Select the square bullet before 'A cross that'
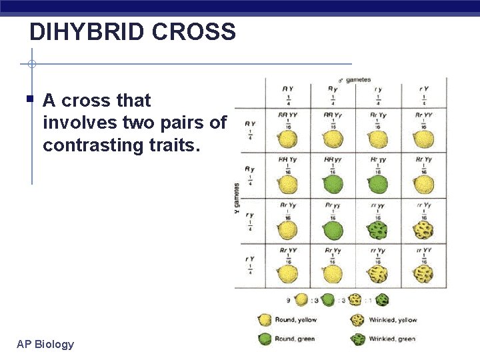[31, 100]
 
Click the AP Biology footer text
[45, 344]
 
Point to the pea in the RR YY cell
[287, 140]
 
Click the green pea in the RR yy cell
[333, 185]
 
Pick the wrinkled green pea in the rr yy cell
[378, 230]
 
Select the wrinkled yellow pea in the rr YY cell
[423, 274]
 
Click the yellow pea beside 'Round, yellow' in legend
[265, 321]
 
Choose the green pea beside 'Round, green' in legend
[265, 339]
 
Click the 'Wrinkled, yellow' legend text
[392, 321]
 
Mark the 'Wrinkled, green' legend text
[392, 339]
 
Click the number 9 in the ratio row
[288, 300]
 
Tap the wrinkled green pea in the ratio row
[383, 300]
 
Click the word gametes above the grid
[358, 80]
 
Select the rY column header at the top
[423, 89]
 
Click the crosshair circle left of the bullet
[31, 65]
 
